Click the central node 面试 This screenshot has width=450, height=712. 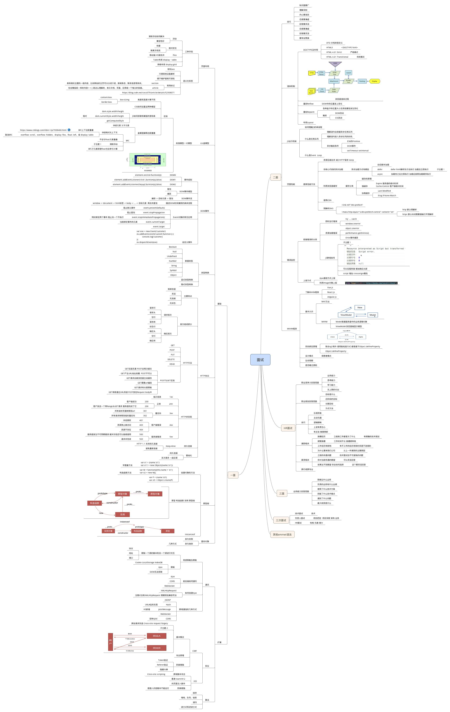[x=260, y=360]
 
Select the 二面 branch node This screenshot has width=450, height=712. [x=275, y=177]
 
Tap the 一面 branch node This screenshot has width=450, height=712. [x=233, y=475]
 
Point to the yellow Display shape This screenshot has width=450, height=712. [x=375, y=81]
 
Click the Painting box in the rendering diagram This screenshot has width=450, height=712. [x=362, y=81]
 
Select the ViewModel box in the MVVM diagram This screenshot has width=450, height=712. [x=346, y=315]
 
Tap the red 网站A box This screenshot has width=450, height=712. [x=157, y=636]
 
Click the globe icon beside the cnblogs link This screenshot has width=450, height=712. [x=69, y=130]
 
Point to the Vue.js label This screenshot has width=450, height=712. [x=330, y=287]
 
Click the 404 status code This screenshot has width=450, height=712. [x=141, y=430]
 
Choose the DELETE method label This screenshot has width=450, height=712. [x=171, y=359]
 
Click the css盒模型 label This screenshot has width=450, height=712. [x=205, y=143]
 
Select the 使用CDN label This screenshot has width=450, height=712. [x=327, y=200]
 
